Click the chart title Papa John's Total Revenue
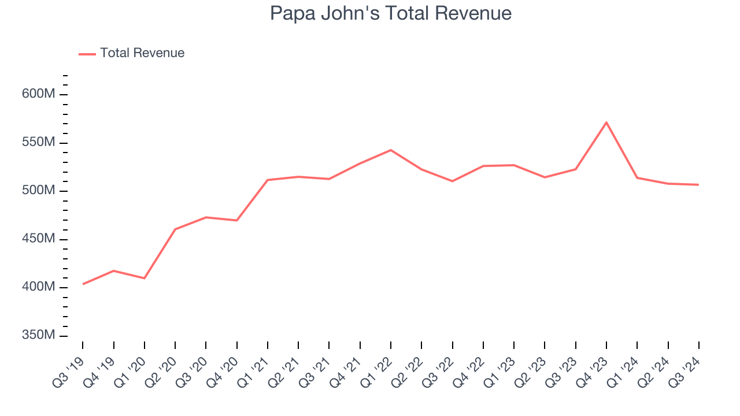tap(391, 13)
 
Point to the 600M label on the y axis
tap(39, 94)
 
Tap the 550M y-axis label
tap(39, 143)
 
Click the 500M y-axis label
tap(39, 191)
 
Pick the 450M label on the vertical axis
tap(39, 239)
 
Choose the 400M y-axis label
tap(39, 287)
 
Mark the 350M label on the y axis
tap(39, 336)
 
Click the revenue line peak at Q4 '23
tap(606, 122)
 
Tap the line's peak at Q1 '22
tap(391, 150)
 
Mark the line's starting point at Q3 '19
tap(83, 284)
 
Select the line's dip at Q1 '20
tap(145, 278)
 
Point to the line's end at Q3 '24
tap(698, 185)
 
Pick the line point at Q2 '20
tap(175, 229)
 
